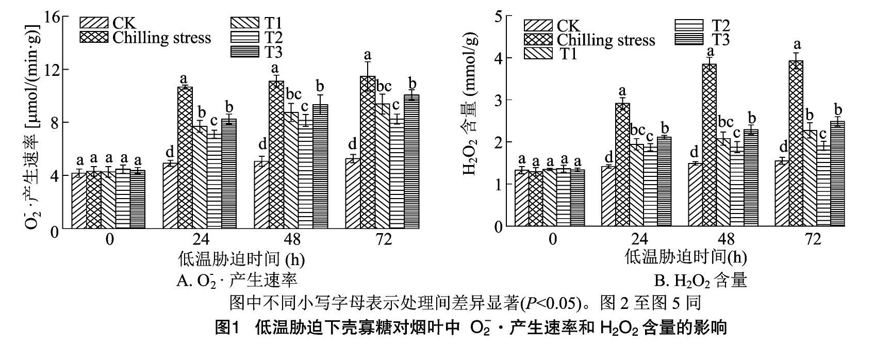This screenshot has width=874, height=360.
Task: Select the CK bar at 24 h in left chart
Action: (x=170, y=195)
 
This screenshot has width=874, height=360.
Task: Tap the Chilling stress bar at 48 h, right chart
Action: (x=710, y=145)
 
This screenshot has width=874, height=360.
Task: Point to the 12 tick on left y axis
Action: (x=54, y=69)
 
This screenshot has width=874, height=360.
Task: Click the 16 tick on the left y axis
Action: (x=54, y=16)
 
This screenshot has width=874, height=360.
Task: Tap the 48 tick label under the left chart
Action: (x=291, y=241)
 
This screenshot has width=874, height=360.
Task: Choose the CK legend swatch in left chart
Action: (x=94, y=23)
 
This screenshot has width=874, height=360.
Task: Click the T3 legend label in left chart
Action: (x=274, y=52)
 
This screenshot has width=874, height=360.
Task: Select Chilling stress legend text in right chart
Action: (x=606, y=40)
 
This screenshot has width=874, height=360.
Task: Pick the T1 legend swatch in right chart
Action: (x=538, y=53)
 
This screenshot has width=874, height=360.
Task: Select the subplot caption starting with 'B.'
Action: (x=700, y=281)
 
